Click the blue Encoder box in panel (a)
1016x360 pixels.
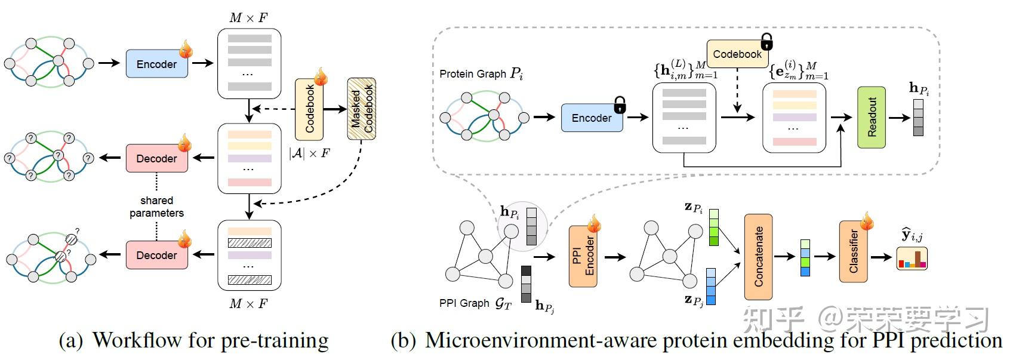(x=156, y=64)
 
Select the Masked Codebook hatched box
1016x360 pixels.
(x=361, y=109)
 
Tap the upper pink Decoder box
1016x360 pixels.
(x=156, y=158)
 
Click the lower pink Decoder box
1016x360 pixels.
(x=156, y=255)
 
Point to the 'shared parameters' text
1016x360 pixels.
(x=156, y=207)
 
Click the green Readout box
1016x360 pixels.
(x=872, y=118)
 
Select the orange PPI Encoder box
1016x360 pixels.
(x=583, y=256)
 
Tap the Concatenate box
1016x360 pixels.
(x=758, y=257)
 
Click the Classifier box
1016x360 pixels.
(x=853, y=251)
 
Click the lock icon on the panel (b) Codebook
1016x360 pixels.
(x=767, y=42)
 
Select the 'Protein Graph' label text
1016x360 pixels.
(x=473, y=74)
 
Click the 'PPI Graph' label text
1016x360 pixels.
(x=464, y=303)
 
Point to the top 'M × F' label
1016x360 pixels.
(x=248, y=18)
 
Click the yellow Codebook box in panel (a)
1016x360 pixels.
(x=309, y=109)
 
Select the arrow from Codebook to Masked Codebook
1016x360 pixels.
(x=335, y=109)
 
